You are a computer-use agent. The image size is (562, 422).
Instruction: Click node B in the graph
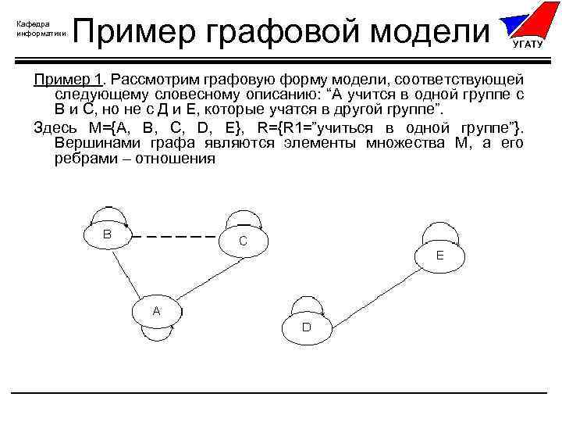click(x=107, y=234)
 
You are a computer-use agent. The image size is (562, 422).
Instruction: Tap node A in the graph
click(x=156, y=311)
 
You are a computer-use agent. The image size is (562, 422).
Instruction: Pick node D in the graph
click(x=306, y=327)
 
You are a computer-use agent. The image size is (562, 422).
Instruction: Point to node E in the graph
click(x=439, y=256)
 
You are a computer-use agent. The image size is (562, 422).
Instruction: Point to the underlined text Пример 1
click(x=69, y=80)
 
